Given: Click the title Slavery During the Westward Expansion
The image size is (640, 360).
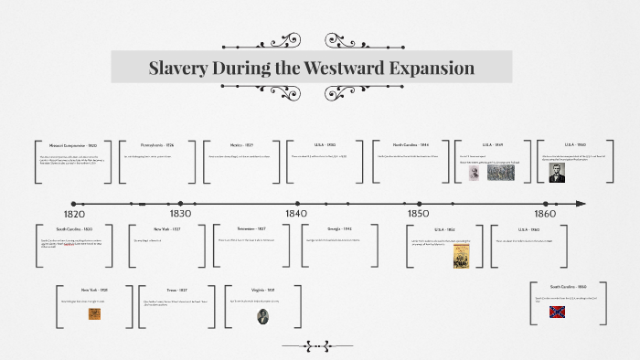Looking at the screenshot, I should pyautogui.click(x=312, y=68).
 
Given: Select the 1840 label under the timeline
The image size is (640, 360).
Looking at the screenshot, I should pyautogui.click(x=295, y=213).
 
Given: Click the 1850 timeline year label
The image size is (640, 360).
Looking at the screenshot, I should pyautogui.click(x=418, y=213).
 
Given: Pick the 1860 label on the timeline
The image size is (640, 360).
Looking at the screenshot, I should pyautogui.click(x=545, y=213).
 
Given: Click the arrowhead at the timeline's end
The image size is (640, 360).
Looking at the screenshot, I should pyautogui.click(x=581, y=203).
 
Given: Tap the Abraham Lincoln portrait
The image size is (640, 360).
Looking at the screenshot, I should pyautogui.click(x=557, y=172).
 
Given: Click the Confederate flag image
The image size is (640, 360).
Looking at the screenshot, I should pyautogui.click(x=556, y=312).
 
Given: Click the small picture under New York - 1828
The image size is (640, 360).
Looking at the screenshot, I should pyautogui.click(x=94, y=313).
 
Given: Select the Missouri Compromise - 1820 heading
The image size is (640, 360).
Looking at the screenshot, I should pyautogui.click(x=74, y=145).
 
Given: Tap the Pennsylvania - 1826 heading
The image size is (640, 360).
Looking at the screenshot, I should pyautogui.click(x=156, y=145).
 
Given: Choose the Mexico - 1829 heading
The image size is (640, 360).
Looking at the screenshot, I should pyautogui.click(x=242, y=145).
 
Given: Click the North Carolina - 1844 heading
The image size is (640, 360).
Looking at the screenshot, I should pyautogui.click(x=411, y=145).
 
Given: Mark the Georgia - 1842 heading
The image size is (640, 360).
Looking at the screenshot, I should pyautogui.click(x=340, y=229).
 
